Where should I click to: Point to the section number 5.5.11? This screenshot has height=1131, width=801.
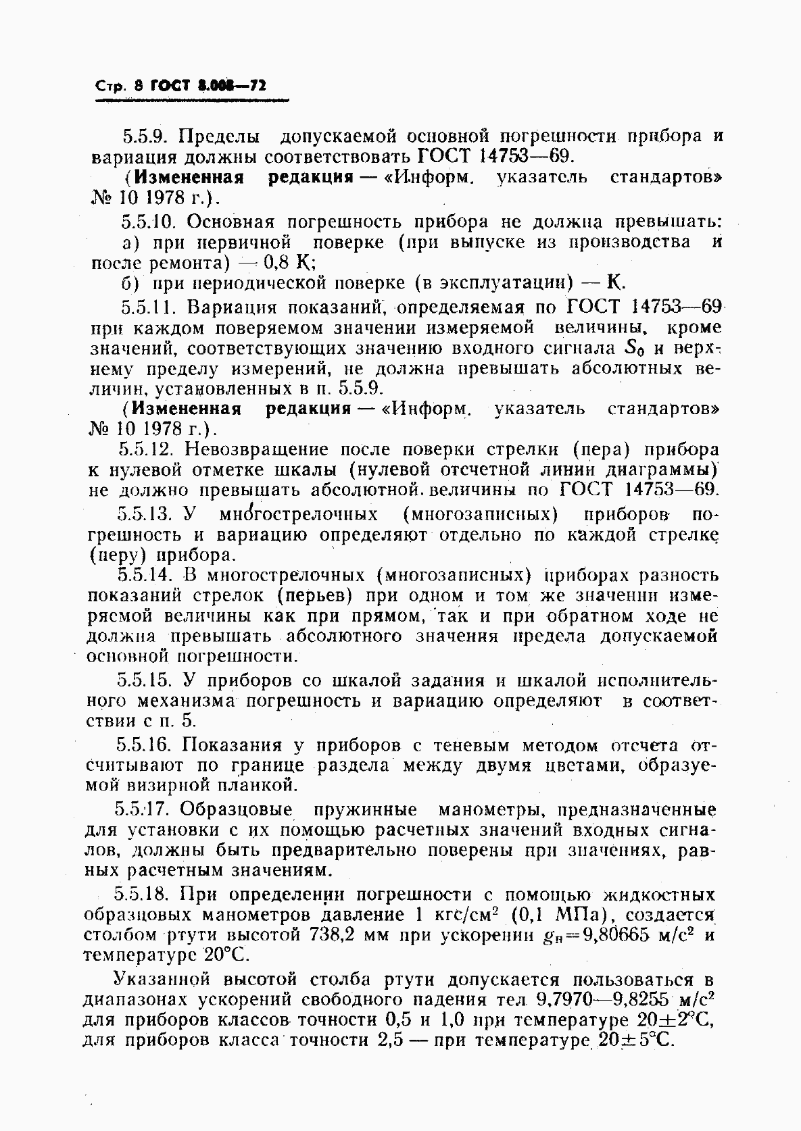148,307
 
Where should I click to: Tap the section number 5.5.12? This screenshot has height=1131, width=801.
147,449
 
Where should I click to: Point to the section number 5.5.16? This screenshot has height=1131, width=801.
145,745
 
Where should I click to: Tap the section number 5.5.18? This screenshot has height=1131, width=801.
144,895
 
